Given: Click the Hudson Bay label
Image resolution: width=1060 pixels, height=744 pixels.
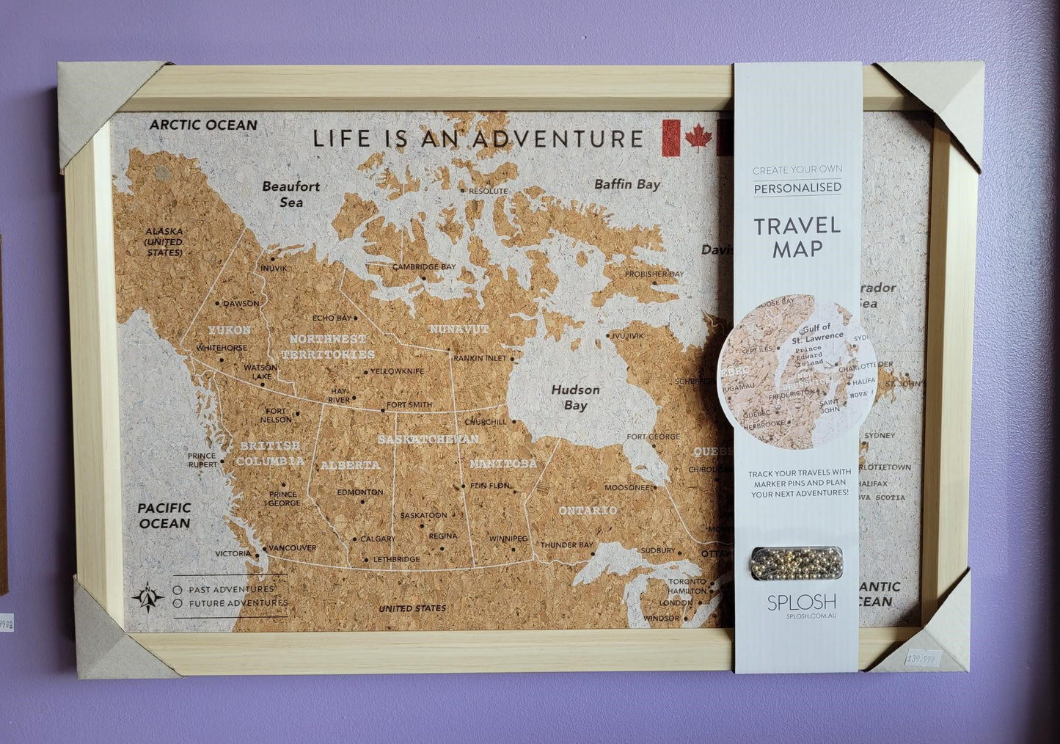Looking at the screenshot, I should (575, 397).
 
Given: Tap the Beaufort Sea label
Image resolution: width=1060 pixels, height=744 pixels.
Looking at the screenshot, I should (291, 194).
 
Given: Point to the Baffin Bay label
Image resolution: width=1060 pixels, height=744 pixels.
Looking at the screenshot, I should (627, 184).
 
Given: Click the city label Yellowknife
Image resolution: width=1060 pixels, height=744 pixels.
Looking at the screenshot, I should (397, 371).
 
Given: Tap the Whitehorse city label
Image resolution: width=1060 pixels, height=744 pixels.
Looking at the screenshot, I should (222, 348).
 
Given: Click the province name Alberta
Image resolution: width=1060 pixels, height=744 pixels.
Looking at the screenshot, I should (350, 465).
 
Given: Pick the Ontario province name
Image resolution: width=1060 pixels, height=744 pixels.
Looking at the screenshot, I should (587, 510).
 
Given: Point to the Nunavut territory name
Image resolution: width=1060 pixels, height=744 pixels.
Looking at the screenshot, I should (458, 329).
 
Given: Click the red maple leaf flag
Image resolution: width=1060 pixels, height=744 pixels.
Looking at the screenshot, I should (687, 137).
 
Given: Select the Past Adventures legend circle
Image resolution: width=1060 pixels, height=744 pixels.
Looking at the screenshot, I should (178, 589).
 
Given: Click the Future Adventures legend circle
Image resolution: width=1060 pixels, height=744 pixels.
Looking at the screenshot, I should (178, 603).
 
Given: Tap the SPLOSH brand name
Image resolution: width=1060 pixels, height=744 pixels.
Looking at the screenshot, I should (801, 602).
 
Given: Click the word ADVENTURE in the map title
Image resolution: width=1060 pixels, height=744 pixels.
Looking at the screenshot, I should (557, 138).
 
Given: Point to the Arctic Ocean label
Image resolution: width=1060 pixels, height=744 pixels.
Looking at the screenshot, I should (203, 125).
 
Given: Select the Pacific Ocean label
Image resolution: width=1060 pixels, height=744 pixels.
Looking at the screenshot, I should (164, 515).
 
